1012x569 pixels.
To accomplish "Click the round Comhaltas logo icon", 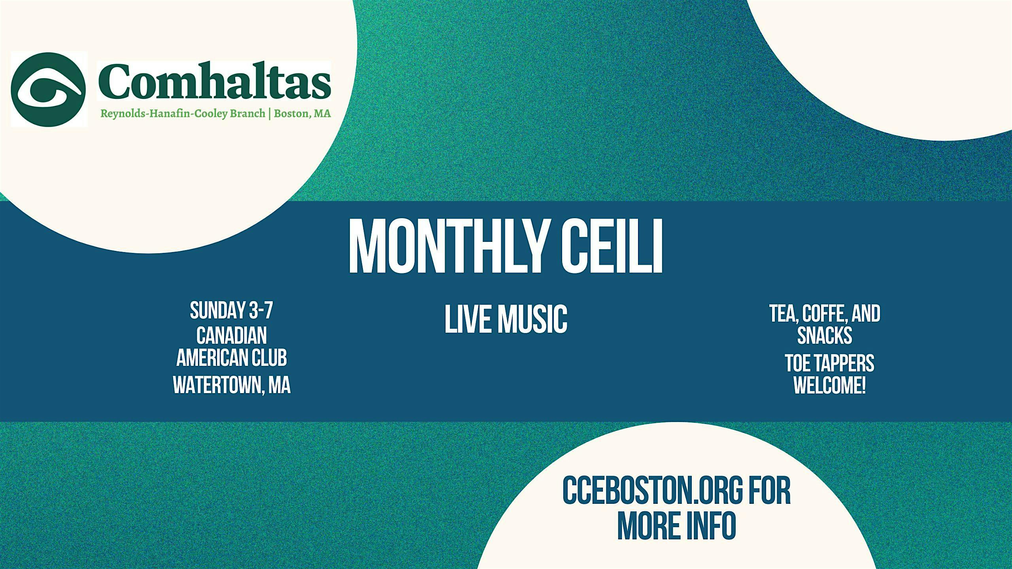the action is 48,90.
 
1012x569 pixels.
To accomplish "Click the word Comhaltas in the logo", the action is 214,82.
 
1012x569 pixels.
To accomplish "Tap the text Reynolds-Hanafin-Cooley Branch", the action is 183,114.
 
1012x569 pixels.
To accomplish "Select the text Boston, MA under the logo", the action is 302,113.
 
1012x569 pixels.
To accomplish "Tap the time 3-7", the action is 261,311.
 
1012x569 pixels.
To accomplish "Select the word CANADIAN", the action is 232,335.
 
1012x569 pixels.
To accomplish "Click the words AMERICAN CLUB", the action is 232,358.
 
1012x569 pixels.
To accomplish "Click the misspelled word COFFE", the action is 825,314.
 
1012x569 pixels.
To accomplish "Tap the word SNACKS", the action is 825,335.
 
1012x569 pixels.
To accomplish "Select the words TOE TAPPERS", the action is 830,364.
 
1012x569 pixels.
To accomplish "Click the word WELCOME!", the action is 830,386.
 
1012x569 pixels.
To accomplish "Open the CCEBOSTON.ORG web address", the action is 653,491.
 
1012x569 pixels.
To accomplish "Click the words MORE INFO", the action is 677,526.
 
